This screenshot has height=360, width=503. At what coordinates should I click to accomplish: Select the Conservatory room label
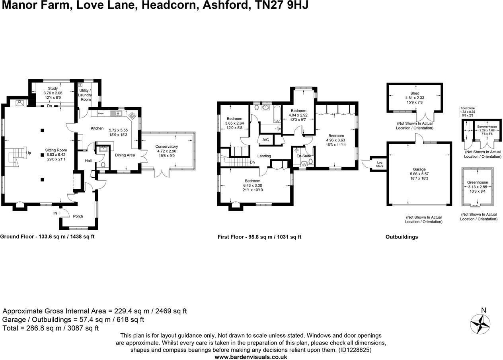pyautogui.click(x=166, y=147)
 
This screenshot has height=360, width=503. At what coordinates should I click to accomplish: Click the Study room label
pyautogui.click(x=53, y=88)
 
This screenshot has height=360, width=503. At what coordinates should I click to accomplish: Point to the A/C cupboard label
pyautogui.click(x=265, y=140)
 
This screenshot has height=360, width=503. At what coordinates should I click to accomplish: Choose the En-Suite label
pyautogui.click(x=304, y=156)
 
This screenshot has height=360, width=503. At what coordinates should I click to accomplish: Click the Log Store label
pyautogui.click(x=380, y=164)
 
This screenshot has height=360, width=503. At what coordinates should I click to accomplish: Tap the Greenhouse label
pyautogui.click(x=478, y=182)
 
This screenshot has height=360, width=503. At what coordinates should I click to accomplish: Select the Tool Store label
pyautogui.click(x=468, y=108)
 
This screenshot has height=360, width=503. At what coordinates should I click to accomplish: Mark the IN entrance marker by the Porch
pyautogui.click(x=55, y=213)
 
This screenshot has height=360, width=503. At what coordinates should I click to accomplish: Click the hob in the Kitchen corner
pyautogui.click(x=132, y=115)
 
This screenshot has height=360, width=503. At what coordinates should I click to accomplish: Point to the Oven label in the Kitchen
pyautogui.click(x=101, y=113)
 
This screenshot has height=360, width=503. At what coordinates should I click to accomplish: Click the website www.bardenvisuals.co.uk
pyautogui.click(x=251, y=357)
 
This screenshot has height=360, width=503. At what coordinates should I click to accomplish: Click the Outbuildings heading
pyautogui.click(x=402, y=237)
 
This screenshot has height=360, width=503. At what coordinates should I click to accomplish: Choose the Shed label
pyautogui.click(x=415, y=93)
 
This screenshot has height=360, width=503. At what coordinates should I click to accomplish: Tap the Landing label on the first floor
pyautogui.click(x=264, y=156)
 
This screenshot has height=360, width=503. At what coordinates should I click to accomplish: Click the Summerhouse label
pyautogui.click(x=487, y=127)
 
